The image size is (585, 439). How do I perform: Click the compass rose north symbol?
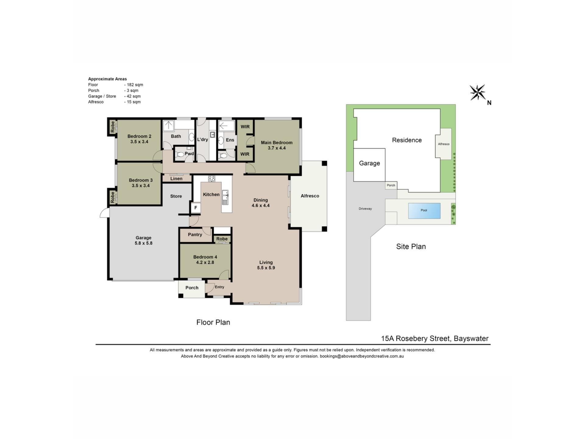point(477,92)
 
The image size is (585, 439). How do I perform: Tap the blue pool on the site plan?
point(424,210)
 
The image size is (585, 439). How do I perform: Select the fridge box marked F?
point(196,208)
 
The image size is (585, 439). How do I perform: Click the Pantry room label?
point(195,234)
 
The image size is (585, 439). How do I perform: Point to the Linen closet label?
point(176,179)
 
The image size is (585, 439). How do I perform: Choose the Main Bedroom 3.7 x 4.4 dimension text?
point(277,148)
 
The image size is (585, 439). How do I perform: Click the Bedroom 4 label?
point(205,257)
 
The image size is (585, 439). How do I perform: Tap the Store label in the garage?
point(176,196)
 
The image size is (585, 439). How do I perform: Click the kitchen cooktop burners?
point(211,179)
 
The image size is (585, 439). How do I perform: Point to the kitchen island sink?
point(225,197)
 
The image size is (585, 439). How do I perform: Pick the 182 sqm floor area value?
point(135,85)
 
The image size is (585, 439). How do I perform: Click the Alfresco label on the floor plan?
point(310,196)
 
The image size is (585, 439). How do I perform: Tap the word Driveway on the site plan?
point(365,209)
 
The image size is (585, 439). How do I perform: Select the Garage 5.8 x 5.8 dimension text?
point(144,243)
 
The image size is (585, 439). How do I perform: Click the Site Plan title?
point(411,247)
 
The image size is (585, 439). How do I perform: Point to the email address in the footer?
point(362,356)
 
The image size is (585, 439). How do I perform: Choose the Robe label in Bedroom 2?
point(112,127)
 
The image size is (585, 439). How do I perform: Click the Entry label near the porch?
point(219,287)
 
